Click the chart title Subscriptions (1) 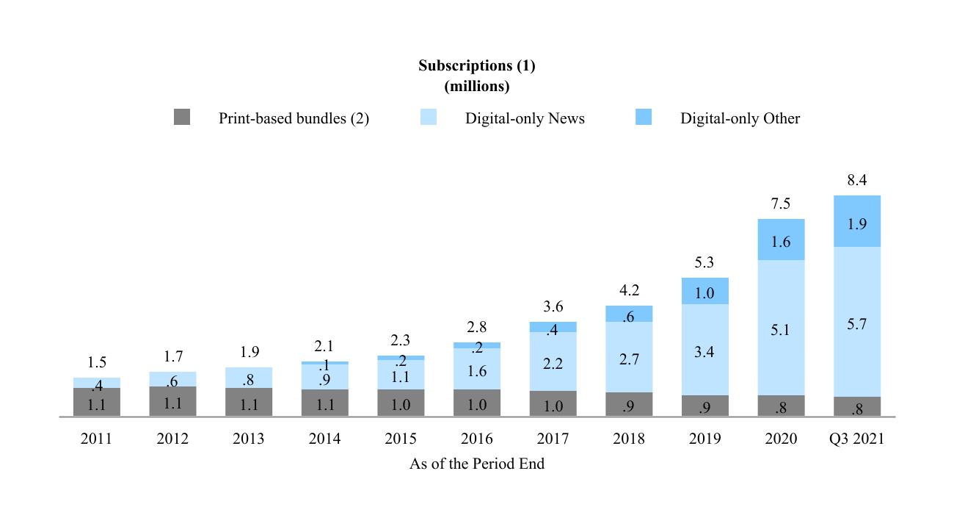click(x=477, y=65)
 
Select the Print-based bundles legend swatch click(x=182, y=117)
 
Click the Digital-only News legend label click(x=525, y=118)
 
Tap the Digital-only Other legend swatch click(x=643, y=117)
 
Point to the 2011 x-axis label click(x=96, y=439)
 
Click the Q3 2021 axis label click(x=857, y=439)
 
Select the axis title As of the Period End click(x=477, y=464)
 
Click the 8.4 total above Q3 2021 click(x=857, y=181)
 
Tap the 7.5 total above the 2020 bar click(x=781, y=204)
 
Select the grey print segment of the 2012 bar click(x=172, y=401)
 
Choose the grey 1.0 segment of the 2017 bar click(x=553, y=403)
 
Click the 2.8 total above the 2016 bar click(x=477, y=328)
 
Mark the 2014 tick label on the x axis click(x=324, y=439)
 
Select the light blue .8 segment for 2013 click(x=249, y=378)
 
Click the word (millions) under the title click(x=477, y=86)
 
